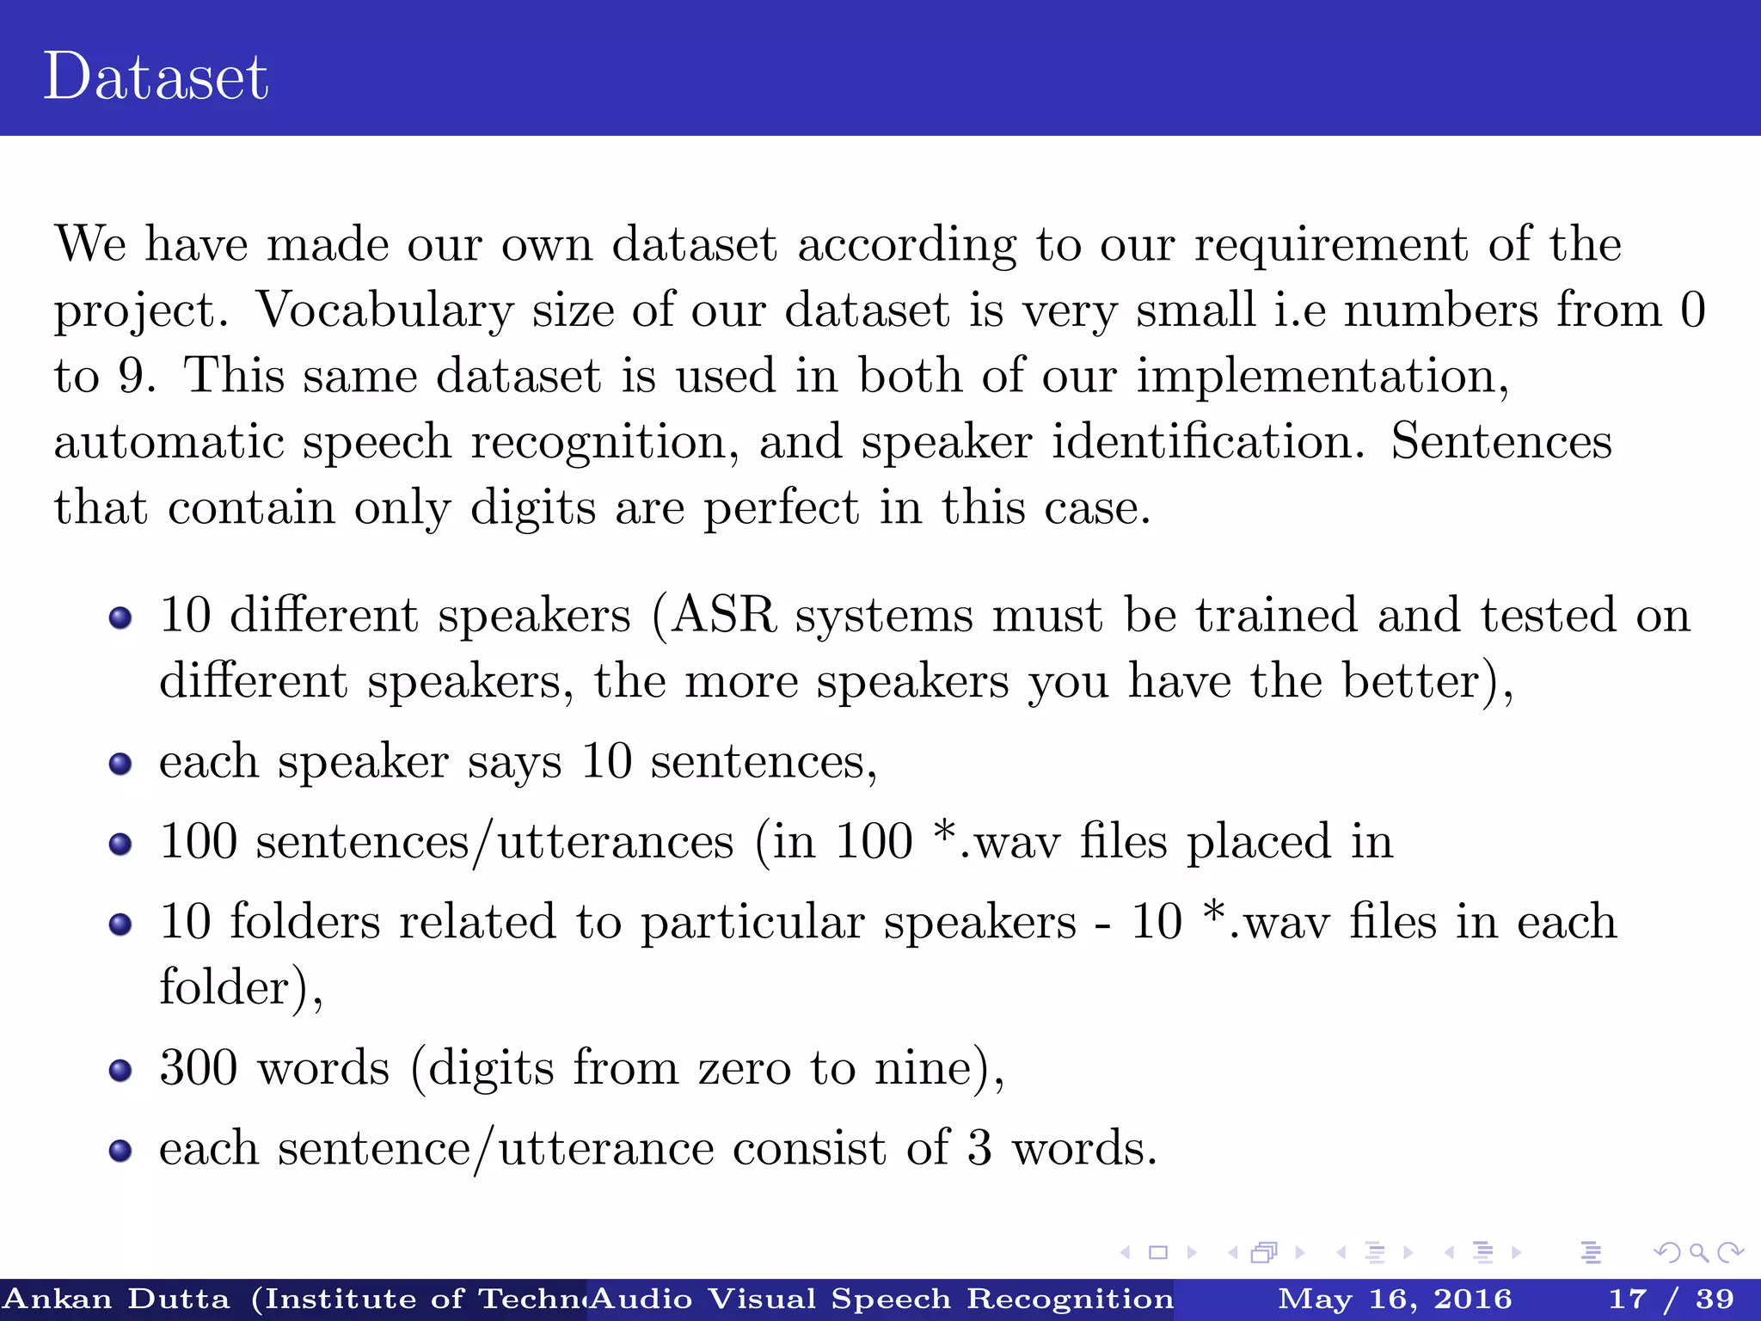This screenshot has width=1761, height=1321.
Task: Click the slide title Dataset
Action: tap(156, 77)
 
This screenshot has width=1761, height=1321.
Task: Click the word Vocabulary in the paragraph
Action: tap(384, 310)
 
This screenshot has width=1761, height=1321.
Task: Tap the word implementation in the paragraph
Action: tap(1321, 377)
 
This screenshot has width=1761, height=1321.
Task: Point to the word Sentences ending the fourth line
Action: tap(1501, 442)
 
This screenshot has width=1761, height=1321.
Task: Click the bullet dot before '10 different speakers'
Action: tap(120, 617)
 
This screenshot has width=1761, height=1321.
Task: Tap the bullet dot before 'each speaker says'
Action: tap(120, 764)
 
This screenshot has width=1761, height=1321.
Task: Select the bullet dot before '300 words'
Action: tap(120, 1070)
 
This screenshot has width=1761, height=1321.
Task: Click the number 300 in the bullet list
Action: tap(199, 1068)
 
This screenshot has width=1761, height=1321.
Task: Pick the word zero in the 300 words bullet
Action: tap(744, 1070)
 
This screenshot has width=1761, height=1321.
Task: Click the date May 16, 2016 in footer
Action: tap(1395, 1299)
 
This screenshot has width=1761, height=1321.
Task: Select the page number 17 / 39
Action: tap(1671, 1299)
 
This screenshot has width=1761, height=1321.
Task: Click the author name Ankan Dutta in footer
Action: tap(118, 1299)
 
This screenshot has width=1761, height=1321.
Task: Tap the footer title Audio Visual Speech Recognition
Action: tap(881, 1299)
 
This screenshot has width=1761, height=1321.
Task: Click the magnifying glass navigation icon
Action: tap(1698, 1253)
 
